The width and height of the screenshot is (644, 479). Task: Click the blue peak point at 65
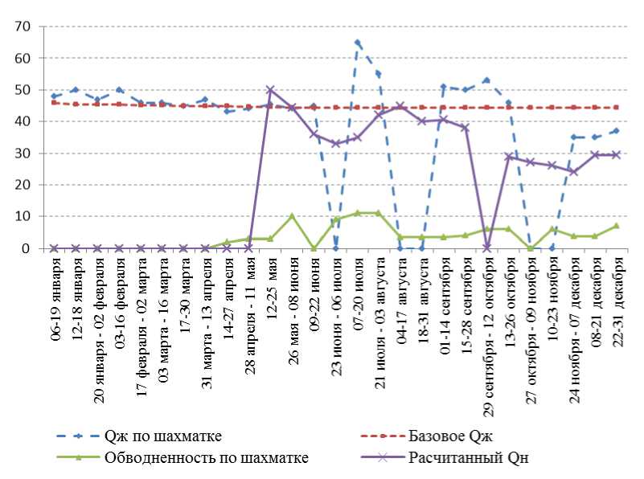pos(357,43)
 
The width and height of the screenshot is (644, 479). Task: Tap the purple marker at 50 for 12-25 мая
pos(270,90)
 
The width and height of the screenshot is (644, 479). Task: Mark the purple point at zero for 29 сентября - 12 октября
pos(486,248)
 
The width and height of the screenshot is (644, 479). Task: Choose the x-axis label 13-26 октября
pos(511,297)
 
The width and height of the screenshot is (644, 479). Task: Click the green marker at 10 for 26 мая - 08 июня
pos(292,216)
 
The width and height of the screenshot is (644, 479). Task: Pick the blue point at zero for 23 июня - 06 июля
pos(335,248)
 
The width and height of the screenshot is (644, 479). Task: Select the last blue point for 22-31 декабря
pos(617,131)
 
